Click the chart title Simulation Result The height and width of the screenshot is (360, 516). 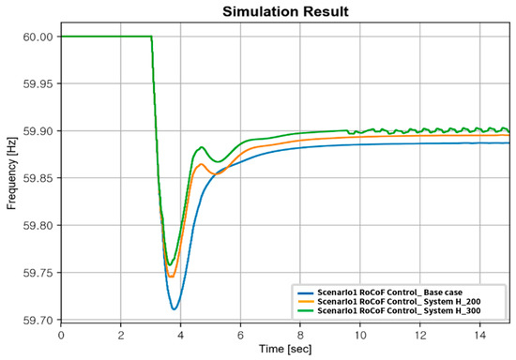click(x=286, y=12)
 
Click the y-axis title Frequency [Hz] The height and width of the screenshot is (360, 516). click(x=12, y=178)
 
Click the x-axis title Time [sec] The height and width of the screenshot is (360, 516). click(x=286, y=350)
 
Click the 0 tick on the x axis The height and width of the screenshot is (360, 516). click(x=61, y=334)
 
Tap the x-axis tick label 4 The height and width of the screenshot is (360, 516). click(x=181, y=334)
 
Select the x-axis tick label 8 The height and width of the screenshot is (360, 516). click(x=300, y=334)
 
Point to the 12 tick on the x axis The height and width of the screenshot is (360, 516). click(x=419, y=334)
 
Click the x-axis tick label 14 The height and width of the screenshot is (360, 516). click(x=479, y=334)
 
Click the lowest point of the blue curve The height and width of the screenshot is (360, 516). click(x=175, y=309)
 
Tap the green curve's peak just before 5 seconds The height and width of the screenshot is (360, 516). click(x=202, y=147)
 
